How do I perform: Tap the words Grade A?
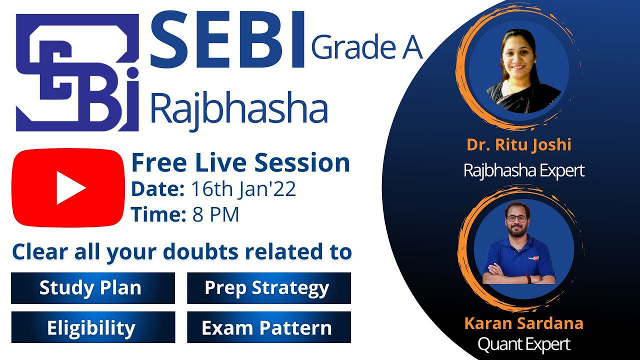point(366,48)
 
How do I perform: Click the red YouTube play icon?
point(68,188)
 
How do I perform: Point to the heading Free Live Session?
point(240,163)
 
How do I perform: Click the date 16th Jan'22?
point(243,189)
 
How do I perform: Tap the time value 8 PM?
point(215,214)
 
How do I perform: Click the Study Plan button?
point(92,288)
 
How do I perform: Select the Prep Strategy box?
point(269,288)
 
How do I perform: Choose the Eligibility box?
point(92,328)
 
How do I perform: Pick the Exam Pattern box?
point(269,328)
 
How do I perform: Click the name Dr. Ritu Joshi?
point(518,145)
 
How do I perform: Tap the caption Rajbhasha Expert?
point(523,171)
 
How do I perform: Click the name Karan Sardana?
point(523,323)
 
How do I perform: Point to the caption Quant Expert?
point(523,344)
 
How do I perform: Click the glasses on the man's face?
point(516,218)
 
